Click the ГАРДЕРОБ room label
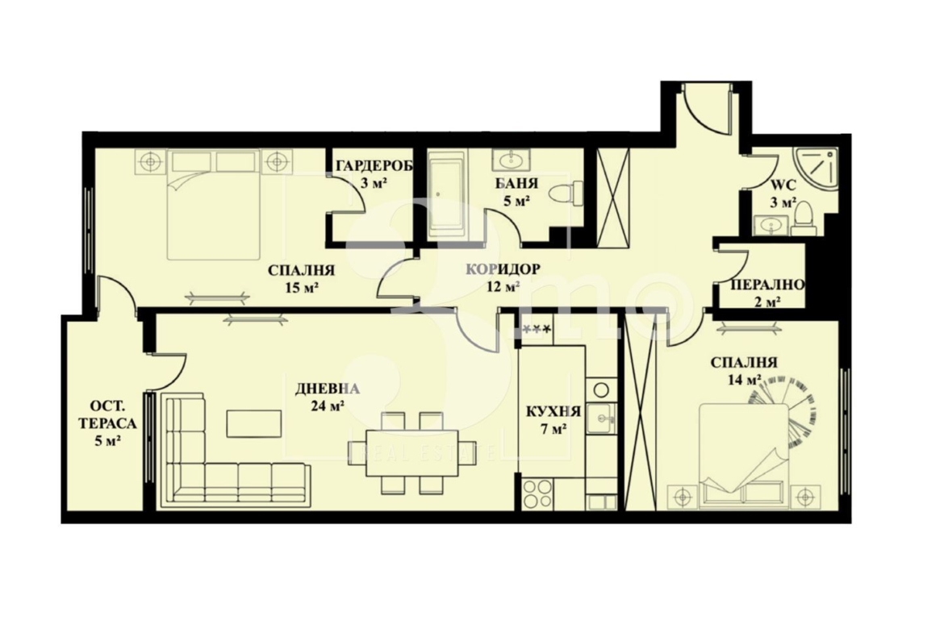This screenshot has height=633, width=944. coord(374,166)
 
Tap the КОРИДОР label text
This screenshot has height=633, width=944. coord(503,269)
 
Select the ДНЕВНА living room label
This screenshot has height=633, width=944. coord(327,389)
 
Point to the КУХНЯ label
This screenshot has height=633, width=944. coord(553,411)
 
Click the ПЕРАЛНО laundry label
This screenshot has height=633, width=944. coord(767,285)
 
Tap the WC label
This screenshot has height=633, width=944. coord(783,185)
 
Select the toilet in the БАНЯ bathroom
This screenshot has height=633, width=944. coord(566,194)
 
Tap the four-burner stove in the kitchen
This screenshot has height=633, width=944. coord(537,493)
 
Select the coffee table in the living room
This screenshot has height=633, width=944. coord(253,423)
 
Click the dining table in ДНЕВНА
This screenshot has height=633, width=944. coord(403,452)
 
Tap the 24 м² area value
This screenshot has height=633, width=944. coord(327,406)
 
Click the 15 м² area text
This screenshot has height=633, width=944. coord(302,287)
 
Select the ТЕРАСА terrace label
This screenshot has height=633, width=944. coord(108,423)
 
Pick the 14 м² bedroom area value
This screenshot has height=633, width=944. coord(744,380)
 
